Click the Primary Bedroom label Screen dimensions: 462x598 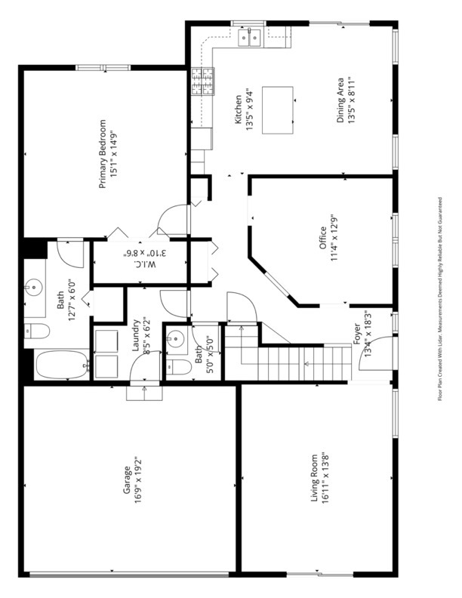tap(103, 154)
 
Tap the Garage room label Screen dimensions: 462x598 tap(127, 479)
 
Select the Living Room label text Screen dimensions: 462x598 tap(314, 478)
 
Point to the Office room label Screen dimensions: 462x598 tap(323, 238)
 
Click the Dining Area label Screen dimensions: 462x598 tap(340, 100)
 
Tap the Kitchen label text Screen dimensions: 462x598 tap(238, 109)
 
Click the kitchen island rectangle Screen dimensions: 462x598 tap(278, 109)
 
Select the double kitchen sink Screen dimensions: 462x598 tap(250, 38)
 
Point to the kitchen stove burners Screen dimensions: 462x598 tap(202, 81)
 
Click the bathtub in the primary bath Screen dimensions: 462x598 tap(63, 365)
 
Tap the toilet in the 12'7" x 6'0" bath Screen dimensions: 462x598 tap(36, 331)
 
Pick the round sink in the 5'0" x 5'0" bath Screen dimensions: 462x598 tap(176, 338)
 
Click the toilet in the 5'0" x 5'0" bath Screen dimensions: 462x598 tap(179, 367)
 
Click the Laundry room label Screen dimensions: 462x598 tap(135, 334)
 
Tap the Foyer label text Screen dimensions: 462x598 tap(357, 334)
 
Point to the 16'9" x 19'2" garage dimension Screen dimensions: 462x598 tap(137, 480)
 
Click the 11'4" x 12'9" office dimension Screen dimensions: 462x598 tap(334, 238)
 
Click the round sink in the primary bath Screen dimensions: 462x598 tap(34, 287)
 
